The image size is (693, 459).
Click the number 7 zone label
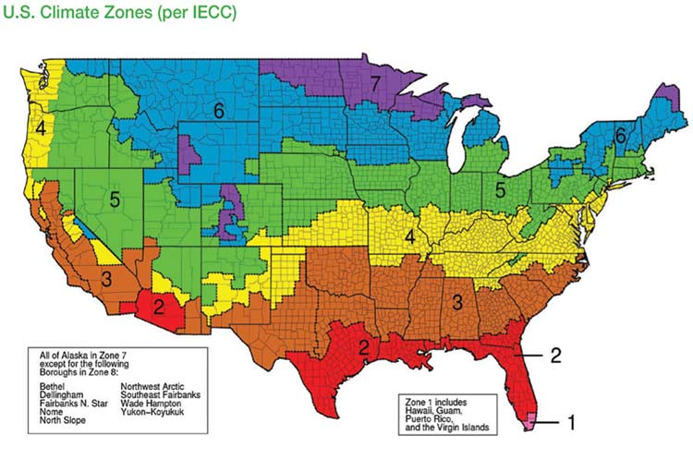(x=374, y=84)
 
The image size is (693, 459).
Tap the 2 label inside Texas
(x=365, y=347)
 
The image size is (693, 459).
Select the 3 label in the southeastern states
(x=456, y=300)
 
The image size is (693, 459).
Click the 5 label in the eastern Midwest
(x=499, y=190)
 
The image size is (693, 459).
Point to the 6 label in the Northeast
(x=621, y=136)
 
